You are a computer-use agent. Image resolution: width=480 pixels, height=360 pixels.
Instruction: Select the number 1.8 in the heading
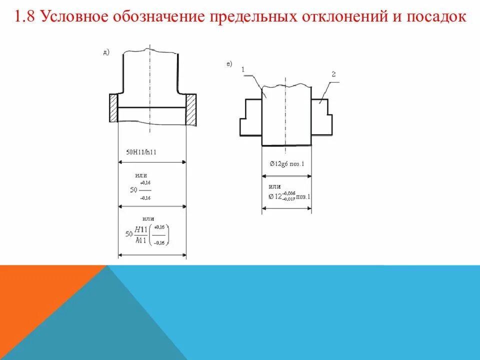(25, 17)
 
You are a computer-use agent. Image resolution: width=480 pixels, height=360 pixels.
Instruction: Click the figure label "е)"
(229, 63)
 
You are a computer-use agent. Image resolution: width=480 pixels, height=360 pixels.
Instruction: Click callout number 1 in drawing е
(242, 70)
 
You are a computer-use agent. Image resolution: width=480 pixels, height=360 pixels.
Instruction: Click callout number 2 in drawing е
(333, 74)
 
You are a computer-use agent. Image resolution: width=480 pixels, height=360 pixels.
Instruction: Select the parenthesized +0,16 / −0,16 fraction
(160, 234)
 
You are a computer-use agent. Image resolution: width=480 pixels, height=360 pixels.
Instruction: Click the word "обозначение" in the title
(153, 17)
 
